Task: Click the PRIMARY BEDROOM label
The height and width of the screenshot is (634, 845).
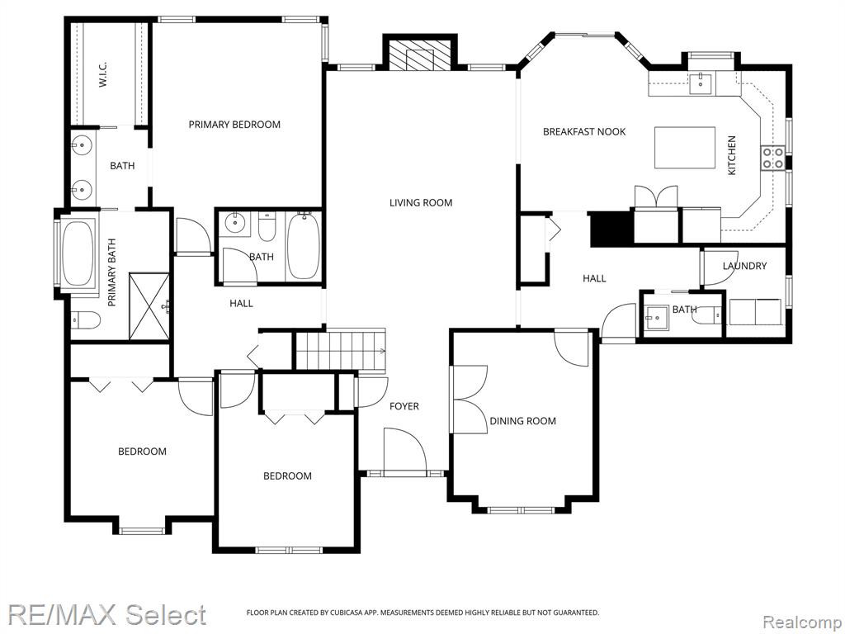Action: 234,125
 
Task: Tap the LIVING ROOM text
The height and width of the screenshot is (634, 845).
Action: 421,203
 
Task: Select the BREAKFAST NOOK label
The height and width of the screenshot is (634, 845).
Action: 584,131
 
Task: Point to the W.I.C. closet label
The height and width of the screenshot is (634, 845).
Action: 103,73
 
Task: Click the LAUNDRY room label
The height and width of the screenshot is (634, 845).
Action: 744,266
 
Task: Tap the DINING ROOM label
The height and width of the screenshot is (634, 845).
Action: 522,421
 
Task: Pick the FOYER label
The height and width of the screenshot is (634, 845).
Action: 404,406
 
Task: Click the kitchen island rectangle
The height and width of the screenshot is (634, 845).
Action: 684,148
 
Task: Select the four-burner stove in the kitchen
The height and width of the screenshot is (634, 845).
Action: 772,158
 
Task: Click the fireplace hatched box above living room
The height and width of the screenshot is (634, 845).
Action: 420,55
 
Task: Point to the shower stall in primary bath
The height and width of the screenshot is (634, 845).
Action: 149,306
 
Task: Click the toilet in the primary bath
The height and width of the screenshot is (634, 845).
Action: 86,320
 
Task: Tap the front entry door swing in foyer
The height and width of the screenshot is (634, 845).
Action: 405,450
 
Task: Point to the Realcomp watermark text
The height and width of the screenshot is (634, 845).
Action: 801,622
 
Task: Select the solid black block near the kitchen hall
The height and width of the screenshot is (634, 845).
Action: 610,229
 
